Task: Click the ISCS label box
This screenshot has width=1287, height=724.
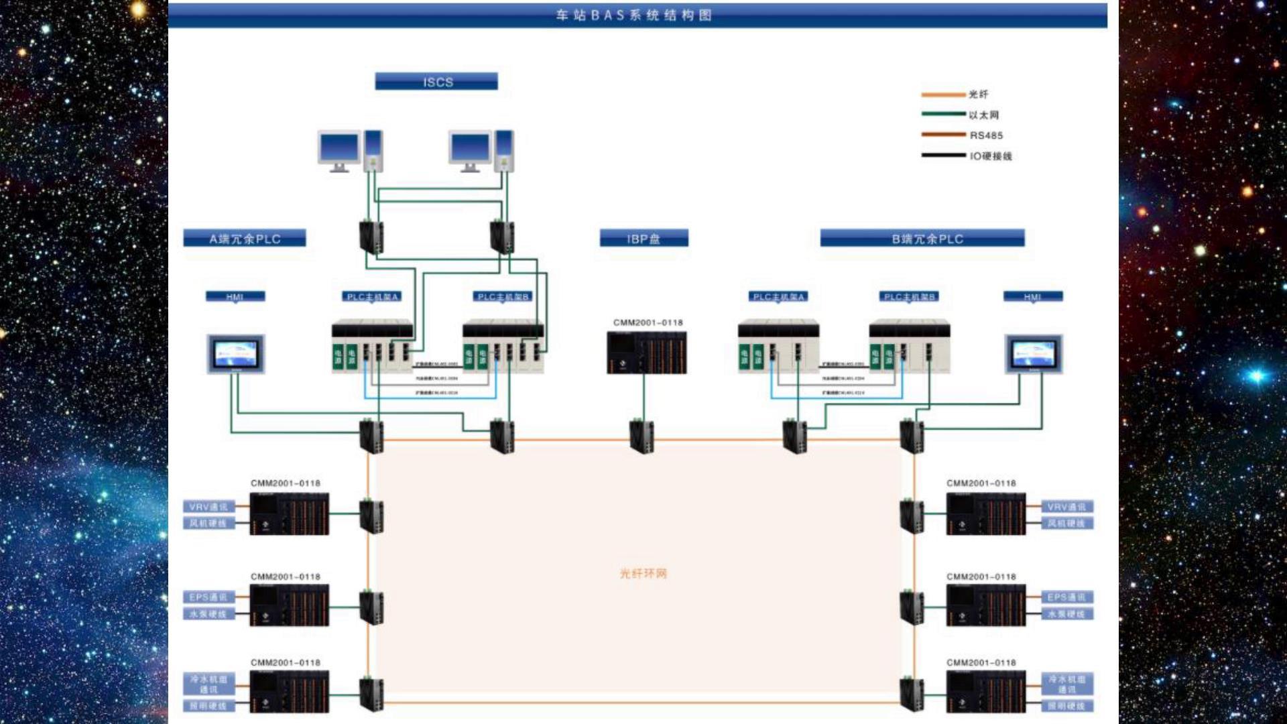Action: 436,82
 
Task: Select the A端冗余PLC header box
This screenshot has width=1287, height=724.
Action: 245,239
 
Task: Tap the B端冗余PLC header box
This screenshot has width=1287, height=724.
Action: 922,239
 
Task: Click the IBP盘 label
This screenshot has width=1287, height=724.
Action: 643,239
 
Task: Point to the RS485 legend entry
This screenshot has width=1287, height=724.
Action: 986,135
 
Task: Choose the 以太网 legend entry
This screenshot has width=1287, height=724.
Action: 983,115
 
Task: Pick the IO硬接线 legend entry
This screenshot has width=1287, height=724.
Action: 990,156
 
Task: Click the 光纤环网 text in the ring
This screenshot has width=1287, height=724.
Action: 643,574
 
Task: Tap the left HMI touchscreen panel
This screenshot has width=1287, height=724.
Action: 236,354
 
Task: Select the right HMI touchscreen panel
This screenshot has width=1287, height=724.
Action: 1034,354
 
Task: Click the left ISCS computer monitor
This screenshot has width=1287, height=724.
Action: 339,149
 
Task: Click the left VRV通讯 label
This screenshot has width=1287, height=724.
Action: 208,507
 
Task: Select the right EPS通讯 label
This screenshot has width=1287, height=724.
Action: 1066,597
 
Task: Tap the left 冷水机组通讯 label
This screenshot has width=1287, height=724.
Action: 208,684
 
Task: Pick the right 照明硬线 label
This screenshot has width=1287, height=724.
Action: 1066,706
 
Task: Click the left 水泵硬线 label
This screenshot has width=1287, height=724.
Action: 208,614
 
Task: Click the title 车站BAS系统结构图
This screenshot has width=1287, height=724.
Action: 634,15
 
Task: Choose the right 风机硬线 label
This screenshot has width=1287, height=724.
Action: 1066,524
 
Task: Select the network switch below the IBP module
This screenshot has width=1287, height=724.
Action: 641,435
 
